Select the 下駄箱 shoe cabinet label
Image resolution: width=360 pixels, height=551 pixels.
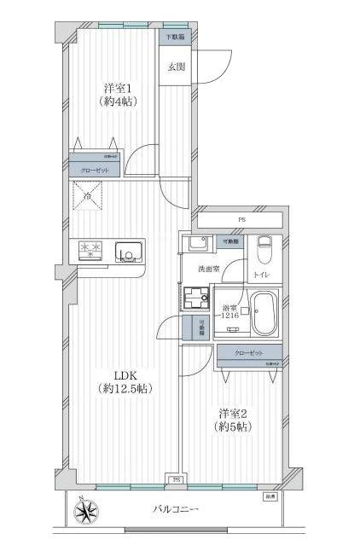pyautogui.click(x=175, y=38)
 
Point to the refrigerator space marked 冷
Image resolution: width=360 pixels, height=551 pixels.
pyautogui.click(x=89, y=198)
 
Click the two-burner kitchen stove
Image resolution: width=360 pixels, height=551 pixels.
pyautogui.click(x=90, y=250)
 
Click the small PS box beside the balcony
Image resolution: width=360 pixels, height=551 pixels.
pyautogui.click(x=177, y=479)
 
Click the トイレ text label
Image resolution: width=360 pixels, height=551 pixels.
pyautogui.click(x=260, y=275)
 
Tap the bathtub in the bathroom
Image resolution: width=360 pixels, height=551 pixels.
pyautogui.click(x=264, y=313)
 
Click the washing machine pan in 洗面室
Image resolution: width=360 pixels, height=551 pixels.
pyautogui.click(x=199, y=299)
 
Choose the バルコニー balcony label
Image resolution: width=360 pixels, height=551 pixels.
pyautogui.click(x=176, y=509)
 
